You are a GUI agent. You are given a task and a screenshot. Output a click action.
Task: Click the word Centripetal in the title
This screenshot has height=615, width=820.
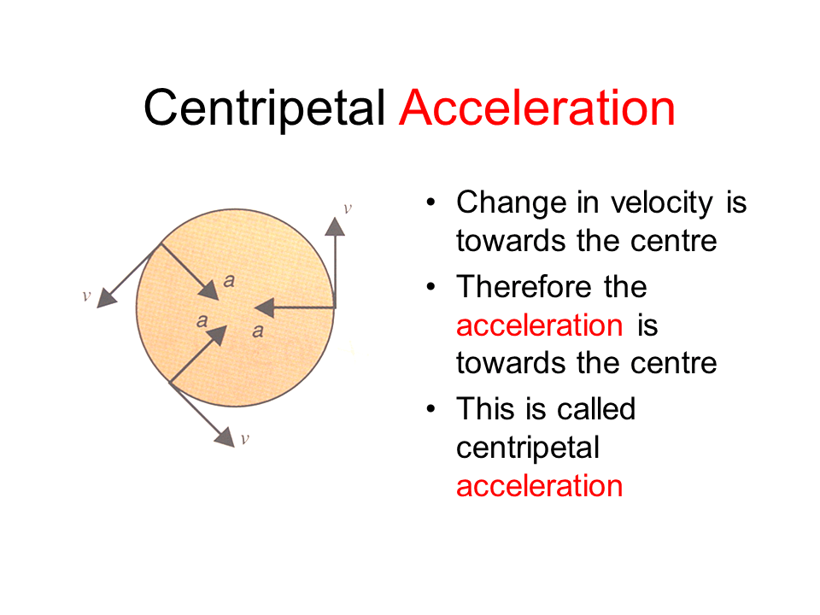click(x=265, y=108)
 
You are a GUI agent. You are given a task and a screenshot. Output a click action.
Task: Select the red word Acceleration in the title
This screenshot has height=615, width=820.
click(x=536, y=108)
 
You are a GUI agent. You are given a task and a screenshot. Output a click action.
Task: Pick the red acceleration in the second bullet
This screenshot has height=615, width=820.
click(x=539, y=325)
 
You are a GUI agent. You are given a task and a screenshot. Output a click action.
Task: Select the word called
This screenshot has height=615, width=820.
click(x=596, y=408)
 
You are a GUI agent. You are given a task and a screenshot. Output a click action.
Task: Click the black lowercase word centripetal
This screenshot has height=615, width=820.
click(x=528, y=448)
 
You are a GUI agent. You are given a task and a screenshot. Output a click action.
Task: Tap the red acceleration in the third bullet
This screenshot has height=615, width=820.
click(x=539, y=486)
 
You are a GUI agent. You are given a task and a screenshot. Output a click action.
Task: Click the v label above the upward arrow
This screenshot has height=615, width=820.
click(x=347, y=208)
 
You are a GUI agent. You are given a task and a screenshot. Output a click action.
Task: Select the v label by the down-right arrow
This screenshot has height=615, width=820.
click(x=245, y=439)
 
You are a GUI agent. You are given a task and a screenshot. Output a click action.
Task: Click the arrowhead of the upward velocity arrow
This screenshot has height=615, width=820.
click(x=335, y=226)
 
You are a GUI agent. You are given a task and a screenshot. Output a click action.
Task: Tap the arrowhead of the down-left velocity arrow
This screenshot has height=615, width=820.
click(x=107, y=297)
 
